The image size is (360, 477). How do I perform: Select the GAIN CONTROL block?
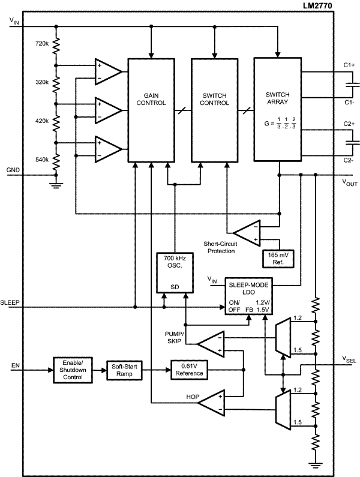(x=146, y=109)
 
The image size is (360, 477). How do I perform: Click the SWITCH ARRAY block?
(x=277, y=109)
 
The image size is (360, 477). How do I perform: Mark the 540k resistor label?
(x=41, y=159)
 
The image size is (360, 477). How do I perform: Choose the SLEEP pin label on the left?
(x=11, y=301)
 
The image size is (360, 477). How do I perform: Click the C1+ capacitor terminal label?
(x=349, y=64)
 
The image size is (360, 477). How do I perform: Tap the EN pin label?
(x=14, y=364)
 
